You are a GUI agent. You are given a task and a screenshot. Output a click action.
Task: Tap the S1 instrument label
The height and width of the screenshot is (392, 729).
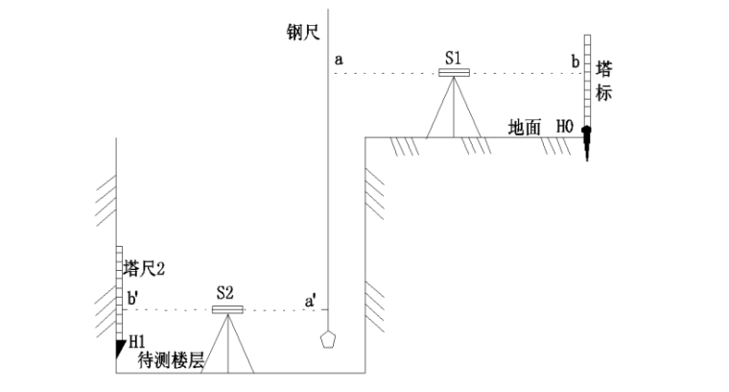click(454, 59)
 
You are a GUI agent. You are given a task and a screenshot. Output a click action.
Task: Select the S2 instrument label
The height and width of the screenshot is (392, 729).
click(226, 294)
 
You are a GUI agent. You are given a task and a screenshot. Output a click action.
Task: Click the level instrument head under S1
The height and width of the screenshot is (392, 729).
click(454, 72)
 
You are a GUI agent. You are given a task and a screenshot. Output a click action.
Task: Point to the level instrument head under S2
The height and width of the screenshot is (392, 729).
click(227, 309)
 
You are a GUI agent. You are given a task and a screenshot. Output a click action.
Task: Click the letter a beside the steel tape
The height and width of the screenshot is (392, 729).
click(340, 60)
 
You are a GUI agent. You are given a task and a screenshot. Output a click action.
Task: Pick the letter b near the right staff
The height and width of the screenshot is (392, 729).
click(575, 61)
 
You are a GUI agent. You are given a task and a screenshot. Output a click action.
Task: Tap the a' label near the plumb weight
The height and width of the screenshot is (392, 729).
click(312, 300)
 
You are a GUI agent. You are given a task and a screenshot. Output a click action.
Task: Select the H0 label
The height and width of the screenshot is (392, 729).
click(564, 126)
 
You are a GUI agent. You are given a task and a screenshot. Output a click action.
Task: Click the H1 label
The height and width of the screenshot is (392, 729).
click(136, 340)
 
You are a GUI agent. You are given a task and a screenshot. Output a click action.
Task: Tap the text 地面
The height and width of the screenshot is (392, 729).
click(526, 126)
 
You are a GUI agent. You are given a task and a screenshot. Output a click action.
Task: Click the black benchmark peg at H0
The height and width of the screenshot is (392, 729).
click(584, 141)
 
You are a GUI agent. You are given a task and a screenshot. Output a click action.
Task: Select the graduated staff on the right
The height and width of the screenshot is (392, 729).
click(584, 82)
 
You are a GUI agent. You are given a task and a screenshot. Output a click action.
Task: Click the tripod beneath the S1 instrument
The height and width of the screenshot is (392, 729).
click(454, 108)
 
